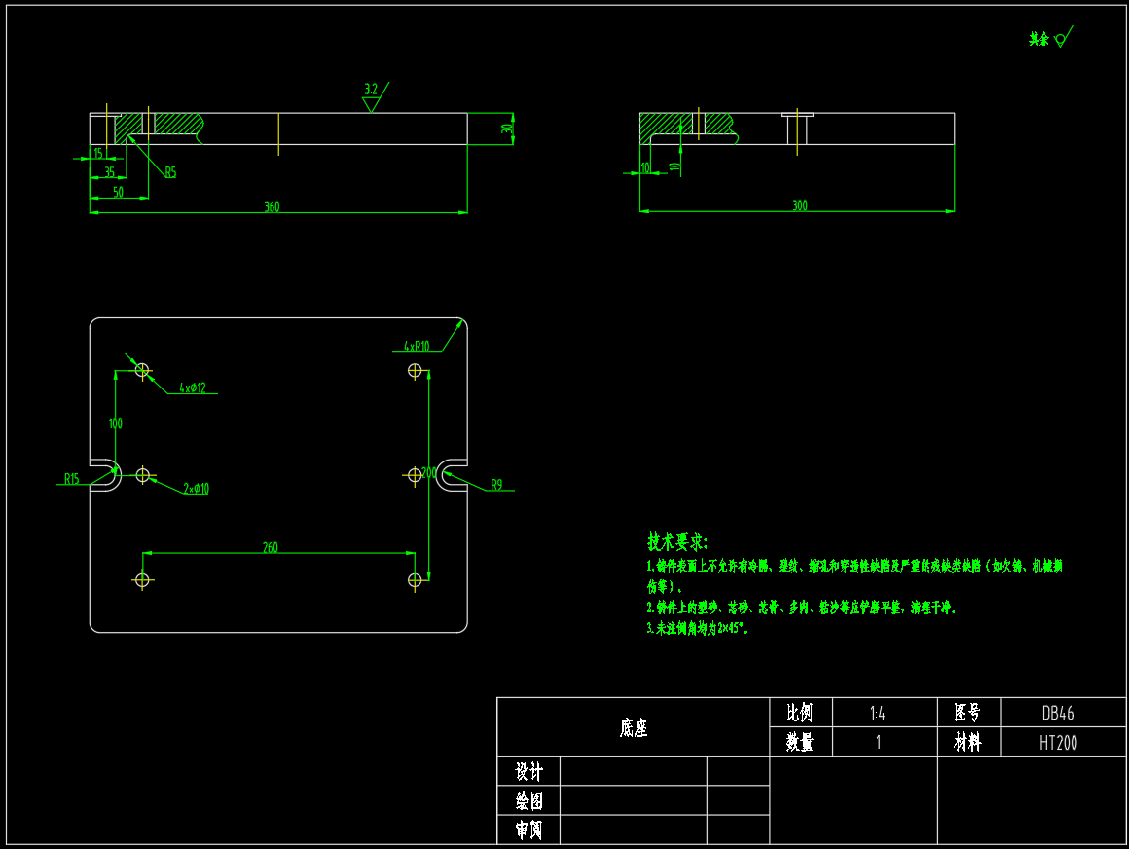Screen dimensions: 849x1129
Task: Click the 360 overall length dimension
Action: coord(272,206)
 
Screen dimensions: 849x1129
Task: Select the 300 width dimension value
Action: coord(800,205)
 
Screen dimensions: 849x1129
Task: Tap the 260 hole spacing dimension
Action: coord(270,547)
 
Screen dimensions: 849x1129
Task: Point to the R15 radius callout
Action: coord(72,478)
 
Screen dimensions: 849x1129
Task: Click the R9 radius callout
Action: coord(496,484)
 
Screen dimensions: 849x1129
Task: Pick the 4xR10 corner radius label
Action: coord(417,346)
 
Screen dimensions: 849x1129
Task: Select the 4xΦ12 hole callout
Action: coord(193,388)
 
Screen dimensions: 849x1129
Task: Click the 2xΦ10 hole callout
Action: coord(196,489)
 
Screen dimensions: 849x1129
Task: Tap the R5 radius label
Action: coord(170,172)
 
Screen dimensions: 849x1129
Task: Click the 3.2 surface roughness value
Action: coord(371,90)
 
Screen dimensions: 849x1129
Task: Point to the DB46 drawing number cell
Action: coord(1058,713)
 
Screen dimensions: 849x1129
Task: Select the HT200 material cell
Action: coord(1058,743)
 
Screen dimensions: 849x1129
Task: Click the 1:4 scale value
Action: coord(877,713)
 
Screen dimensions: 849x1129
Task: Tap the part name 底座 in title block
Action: coord(634,727)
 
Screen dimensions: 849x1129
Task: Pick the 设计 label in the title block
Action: coord(528,772)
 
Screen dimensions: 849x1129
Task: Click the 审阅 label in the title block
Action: coord(528,831)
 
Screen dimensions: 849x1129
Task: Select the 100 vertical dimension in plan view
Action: coord(116,424)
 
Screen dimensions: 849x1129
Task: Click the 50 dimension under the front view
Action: coord(118,192)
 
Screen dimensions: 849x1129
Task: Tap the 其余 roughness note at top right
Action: coord(1039,40)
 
